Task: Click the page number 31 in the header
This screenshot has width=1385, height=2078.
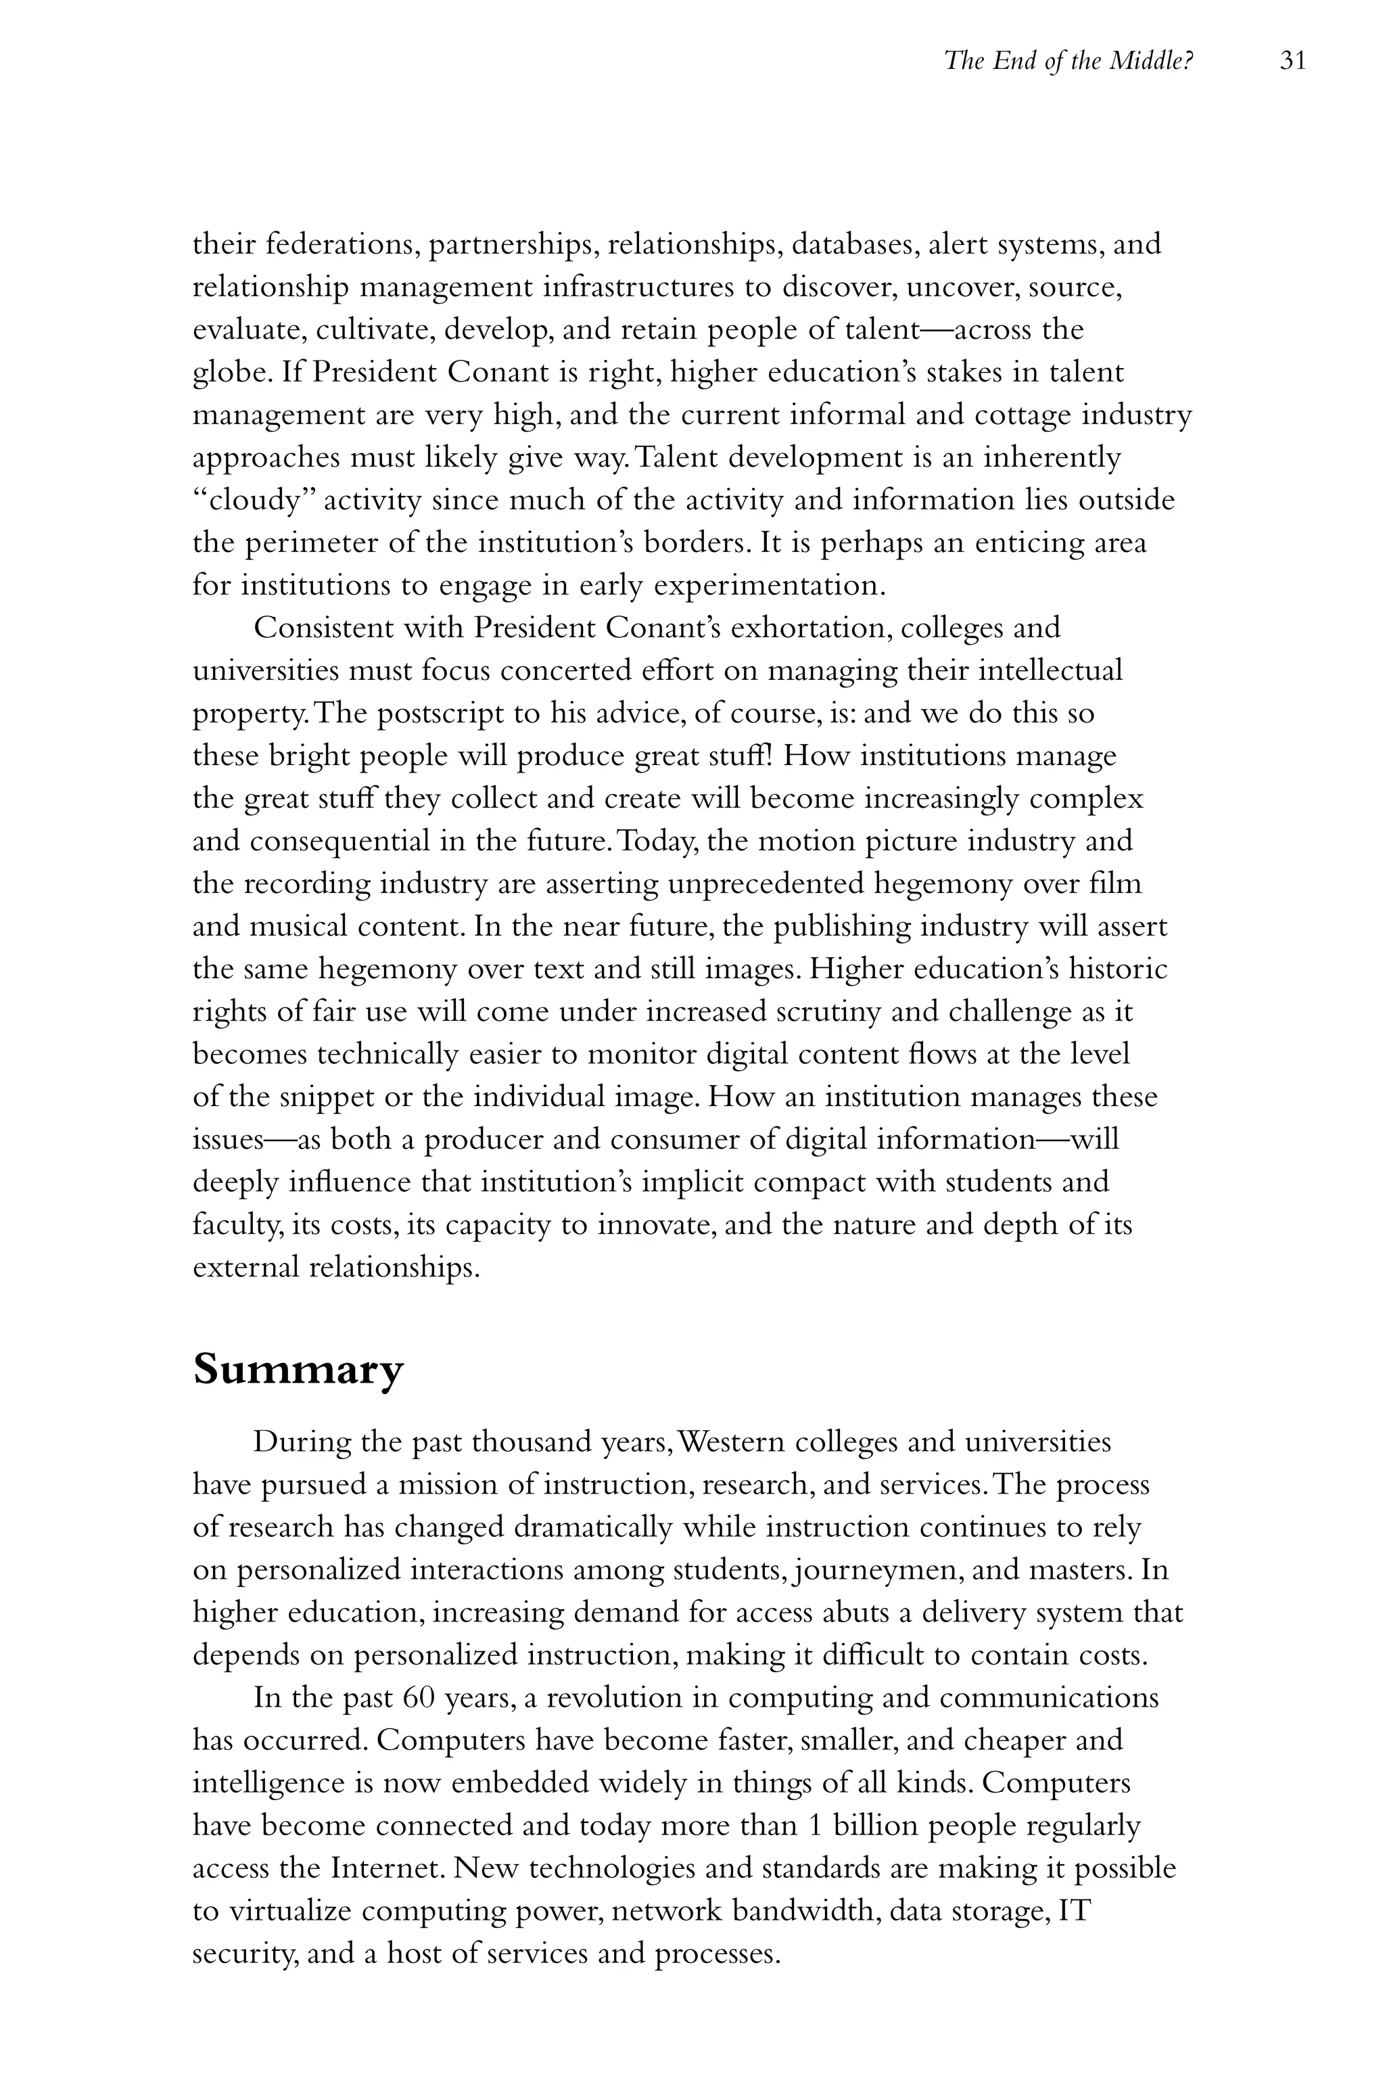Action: (x=1292, y=61)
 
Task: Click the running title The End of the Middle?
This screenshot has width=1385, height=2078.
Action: (x=1069, y=61)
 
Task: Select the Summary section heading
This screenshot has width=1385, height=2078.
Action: (x=298, y=1368)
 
